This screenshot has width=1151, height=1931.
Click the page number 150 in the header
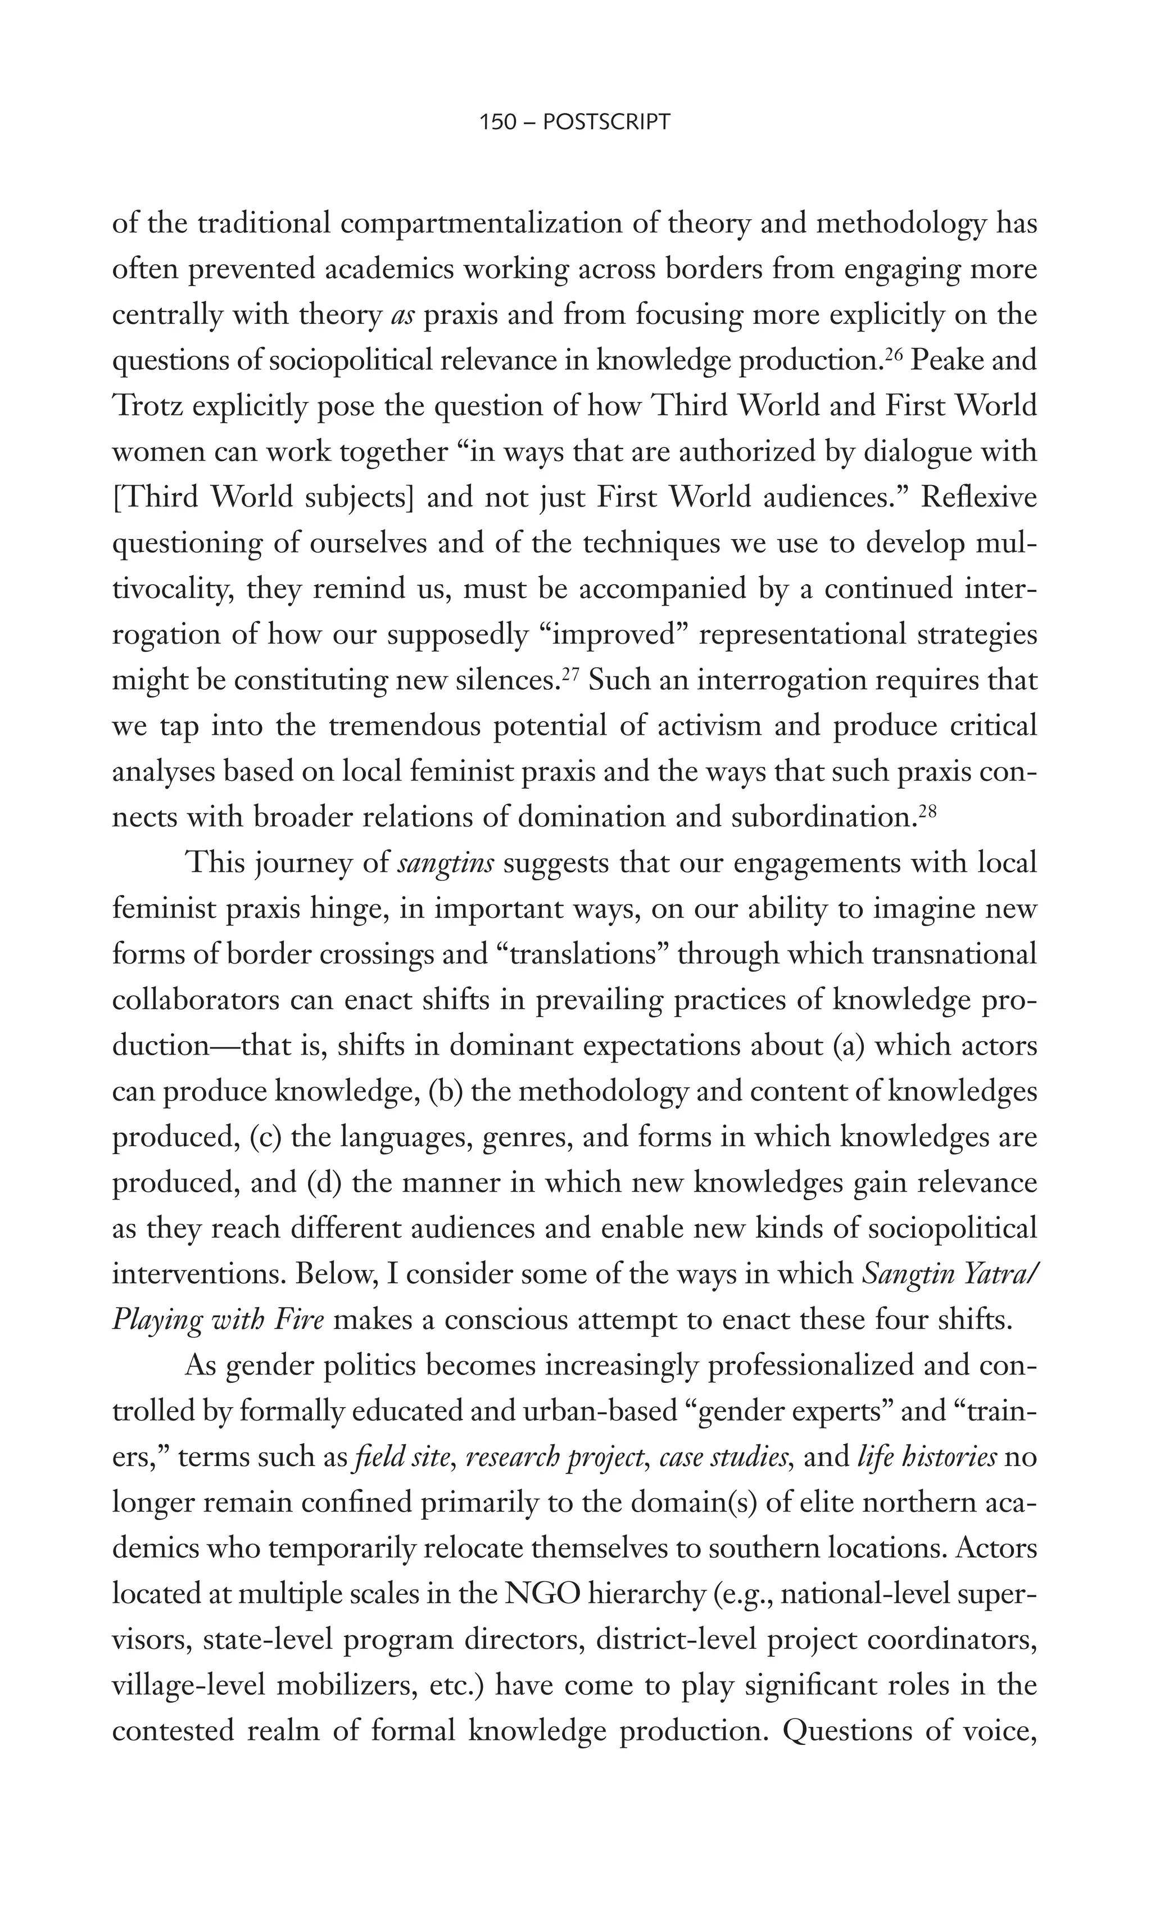pos(498,123)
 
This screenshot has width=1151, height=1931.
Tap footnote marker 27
pos(570,674)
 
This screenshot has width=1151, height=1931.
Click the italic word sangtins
pos(445,863)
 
